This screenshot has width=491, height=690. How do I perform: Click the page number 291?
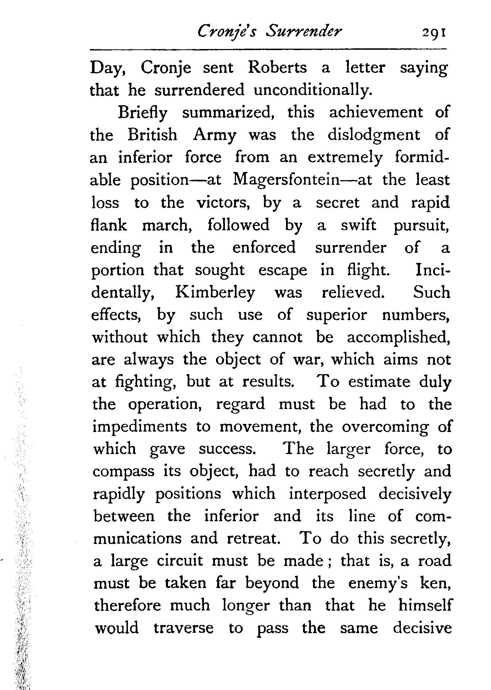(x=433, y=34)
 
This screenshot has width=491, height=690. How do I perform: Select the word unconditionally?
(x=313, y=90)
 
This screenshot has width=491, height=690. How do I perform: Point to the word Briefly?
(x=142, y=113)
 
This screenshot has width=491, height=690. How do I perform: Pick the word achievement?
(x=376, y=112)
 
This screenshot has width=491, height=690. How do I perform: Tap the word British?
(x=152, y=135)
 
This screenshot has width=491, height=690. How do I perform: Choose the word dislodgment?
(x=373, y=135)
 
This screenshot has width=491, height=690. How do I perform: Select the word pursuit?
(x=421, y=226)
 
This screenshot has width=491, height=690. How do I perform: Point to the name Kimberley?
(x=215, y=293)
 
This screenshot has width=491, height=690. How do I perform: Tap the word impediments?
(x=139, y=427)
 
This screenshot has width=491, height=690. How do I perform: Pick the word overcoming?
(x=385, y=427)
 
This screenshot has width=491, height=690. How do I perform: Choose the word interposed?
(x=327, y=494)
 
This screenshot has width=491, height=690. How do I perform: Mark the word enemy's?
(x=378, y=583)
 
